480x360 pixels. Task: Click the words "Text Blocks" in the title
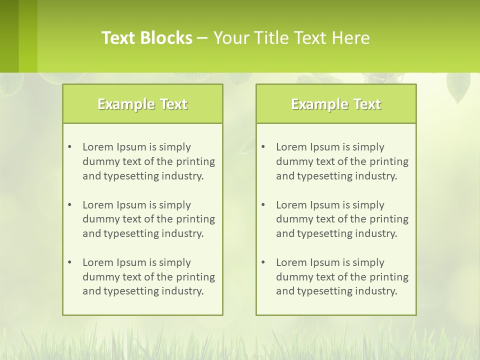147,38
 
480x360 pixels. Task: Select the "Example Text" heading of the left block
142,104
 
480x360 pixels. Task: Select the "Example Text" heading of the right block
336,104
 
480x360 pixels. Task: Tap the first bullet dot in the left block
70,147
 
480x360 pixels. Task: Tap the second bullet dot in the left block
70,205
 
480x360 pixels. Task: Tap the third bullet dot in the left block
70,262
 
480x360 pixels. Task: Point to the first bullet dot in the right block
263,147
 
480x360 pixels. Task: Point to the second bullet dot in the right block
263,205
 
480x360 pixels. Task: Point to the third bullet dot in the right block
263,262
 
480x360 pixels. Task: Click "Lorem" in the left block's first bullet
98,147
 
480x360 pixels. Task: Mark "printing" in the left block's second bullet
196,219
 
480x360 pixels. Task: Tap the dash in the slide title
202,38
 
